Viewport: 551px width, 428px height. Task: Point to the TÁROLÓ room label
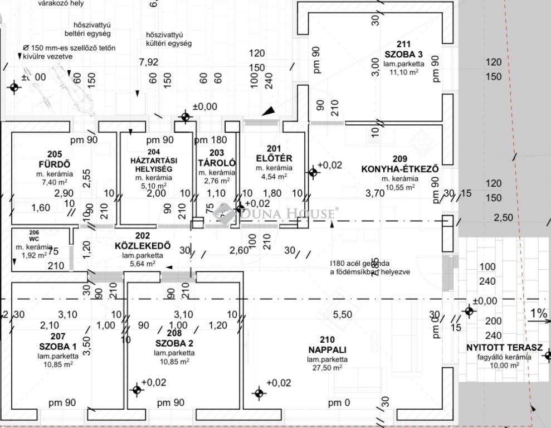click(x=217, y=163)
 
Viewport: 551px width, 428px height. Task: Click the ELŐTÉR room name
click(x=271, y=158)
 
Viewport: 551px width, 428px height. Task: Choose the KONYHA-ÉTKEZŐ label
click(x=399, y=169)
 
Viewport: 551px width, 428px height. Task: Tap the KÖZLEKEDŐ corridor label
click(x=134, y=246)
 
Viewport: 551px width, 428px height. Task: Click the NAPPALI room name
click(x=328, y=349)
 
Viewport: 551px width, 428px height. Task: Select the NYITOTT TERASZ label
click(x=504, y=347)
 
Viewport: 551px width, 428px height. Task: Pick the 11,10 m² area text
click(x=403, y=72)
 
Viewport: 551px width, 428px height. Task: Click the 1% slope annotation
click(x=538, y=314)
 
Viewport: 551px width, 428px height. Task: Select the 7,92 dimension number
click(x=149, y=62)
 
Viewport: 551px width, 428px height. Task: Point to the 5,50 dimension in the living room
click(x=343, y=315)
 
